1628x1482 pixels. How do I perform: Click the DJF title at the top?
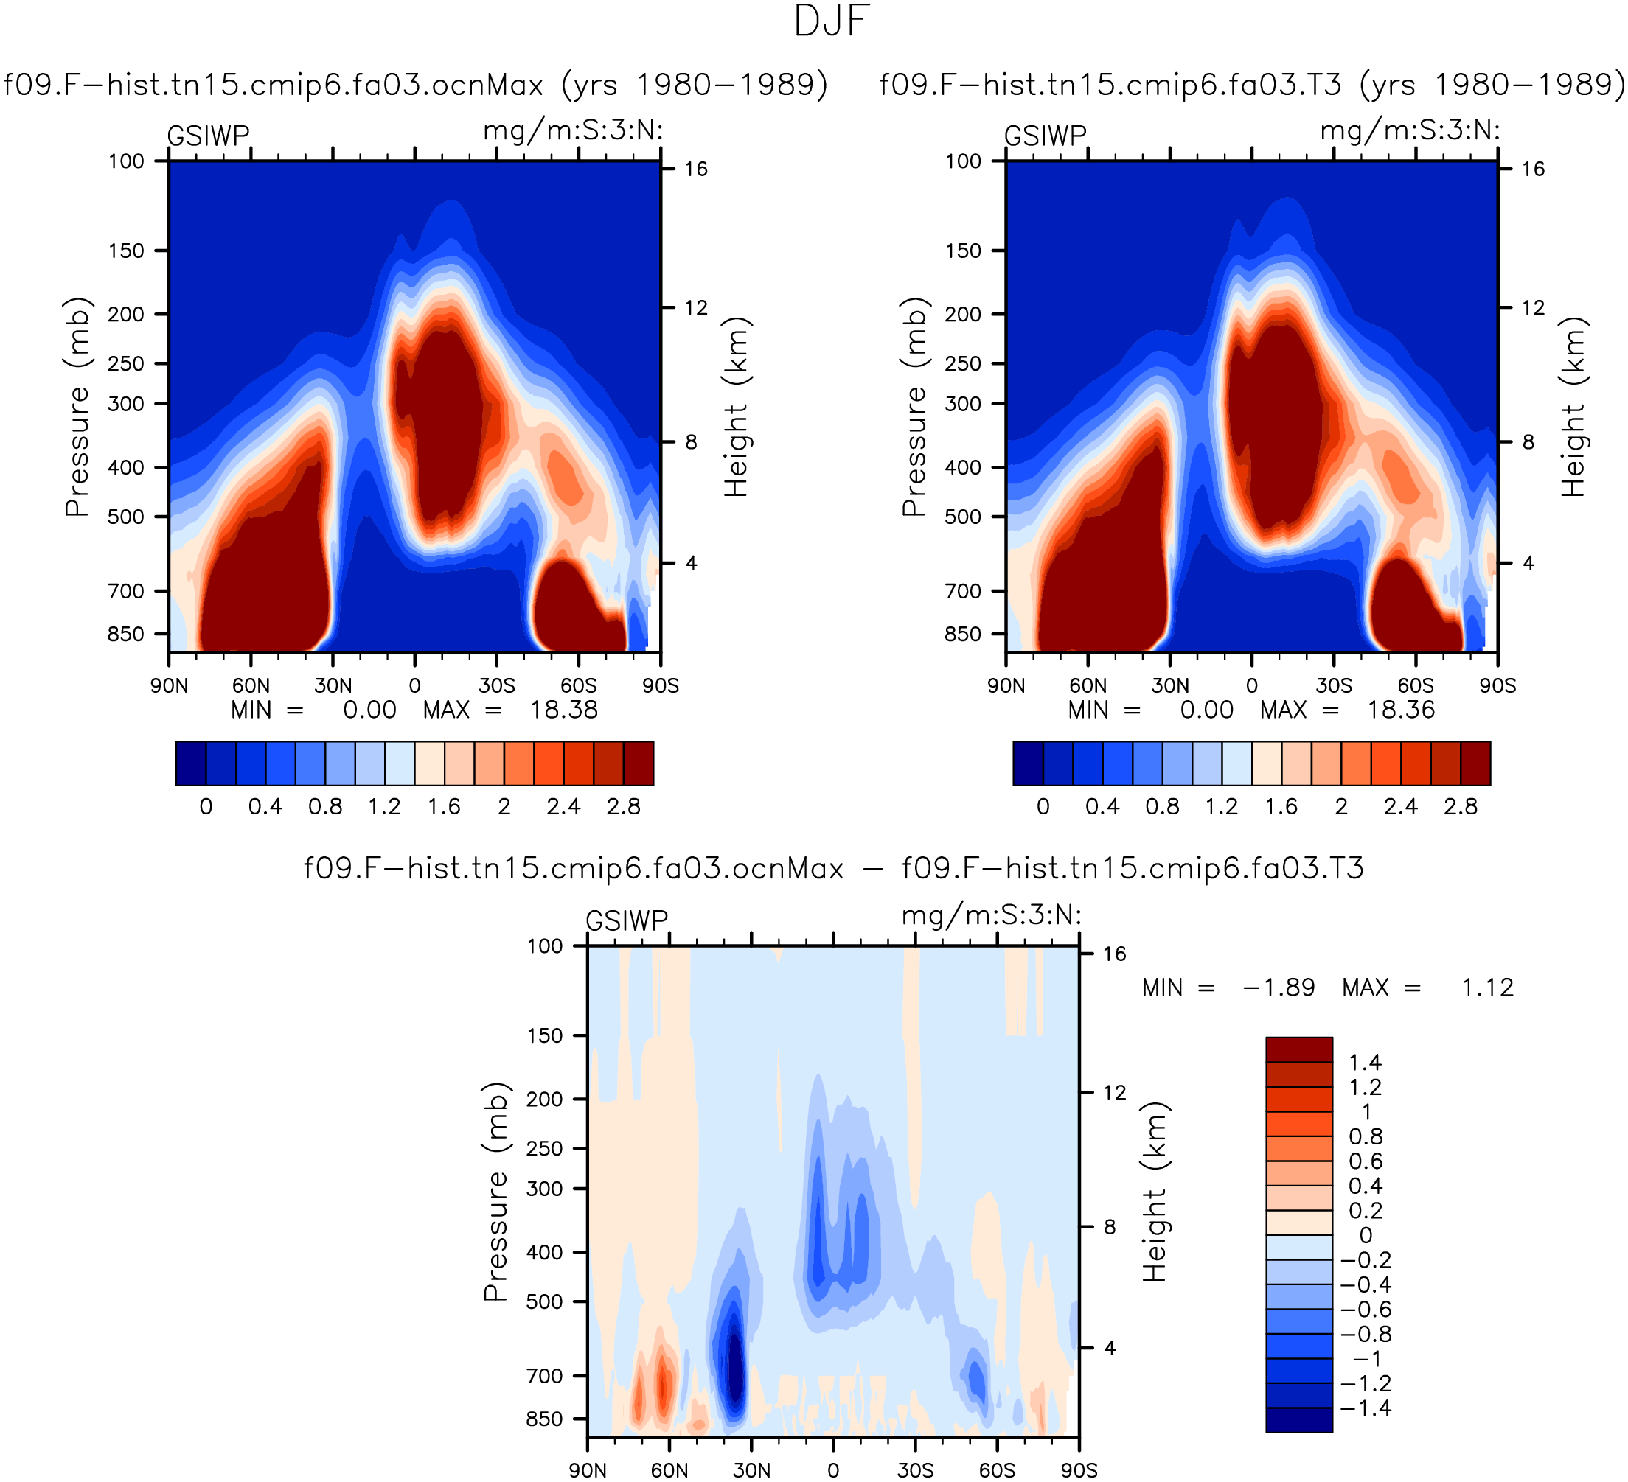(832, 22)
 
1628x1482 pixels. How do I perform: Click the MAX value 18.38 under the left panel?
(563, 710)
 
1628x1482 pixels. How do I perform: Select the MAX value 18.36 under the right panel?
(1401, 710)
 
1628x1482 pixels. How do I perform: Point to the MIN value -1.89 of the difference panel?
(1279, 988)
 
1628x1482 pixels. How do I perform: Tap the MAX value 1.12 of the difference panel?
(1487, 988)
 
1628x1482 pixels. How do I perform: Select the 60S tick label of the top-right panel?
(1416, 685)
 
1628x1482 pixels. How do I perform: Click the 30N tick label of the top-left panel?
(333, 685)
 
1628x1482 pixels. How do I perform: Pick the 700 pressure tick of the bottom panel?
(545, 1375)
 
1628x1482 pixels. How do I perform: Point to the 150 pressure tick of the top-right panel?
(964, 251)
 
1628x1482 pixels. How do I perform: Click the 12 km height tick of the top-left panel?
(696, 307)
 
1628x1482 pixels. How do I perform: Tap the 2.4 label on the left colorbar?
(563, 806)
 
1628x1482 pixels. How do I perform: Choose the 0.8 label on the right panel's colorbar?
(1162, 806)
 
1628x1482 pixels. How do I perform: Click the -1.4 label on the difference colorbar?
(1366, 1408)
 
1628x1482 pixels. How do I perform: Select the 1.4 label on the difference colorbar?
(1366, 1062)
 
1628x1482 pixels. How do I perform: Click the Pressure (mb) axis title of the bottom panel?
(495, 1192)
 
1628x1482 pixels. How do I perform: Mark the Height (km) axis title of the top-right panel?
(1574, 406)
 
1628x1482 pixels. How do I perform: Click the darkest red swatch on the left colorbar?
(638, 763)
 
